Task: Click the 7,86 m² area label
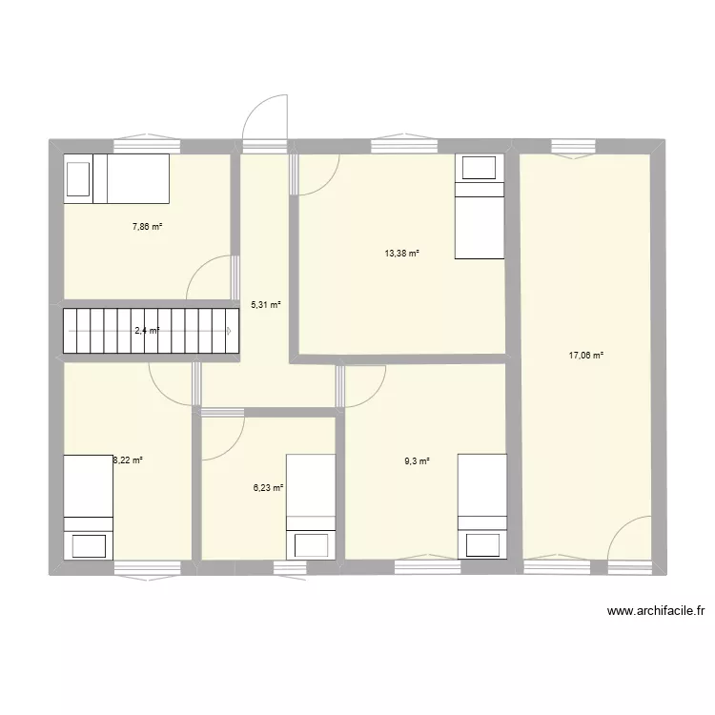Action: point(147,227)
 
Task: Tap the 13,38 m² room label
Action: point(401,254)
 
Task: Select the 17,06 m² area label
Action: point(586,356)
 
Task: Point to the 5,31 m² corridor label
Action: point(265,305)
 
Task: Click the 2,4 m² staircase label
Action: point(147,331)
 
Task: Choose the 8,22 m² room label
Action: point(128,460)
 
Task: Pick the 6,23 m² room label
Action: point(268,488)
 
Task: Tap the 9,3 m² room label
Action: point(417,461)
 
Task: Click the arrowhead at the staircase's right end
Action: point(229,331)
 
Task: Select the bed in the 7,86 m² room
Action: point(116,177)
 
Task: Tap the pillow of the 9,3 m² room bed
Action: point(481,543)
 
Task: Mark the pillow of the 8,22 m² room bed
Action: point(89,544)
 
